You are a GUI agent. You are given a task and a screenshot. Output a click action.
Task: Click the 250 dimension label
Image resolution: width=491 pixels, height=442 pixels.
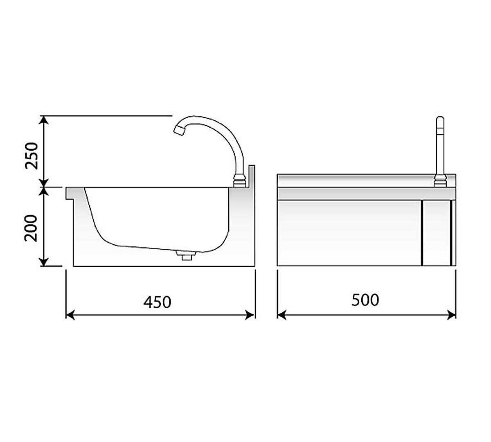pyautogui.click(x=32, y=156)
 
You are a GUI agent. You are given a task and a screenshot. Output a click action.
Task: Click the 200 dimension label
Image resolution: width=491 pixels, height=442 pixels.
pyautogui.click(x=31, y=228)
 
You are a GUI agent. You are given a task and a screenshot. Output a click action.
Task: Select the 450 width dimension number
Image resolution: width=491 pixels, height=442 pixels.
pyautogui.click(x=157, y=302)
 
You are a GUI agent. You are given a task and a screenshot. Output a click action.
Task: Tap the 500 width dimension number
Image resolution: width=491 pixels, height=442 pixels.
pyautogui.click(x=365, y=300)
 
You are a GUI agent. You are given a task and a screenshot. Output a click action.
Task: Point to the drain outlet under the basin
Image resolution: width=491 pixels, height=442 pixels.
pyautogui.click(x=187, y=256)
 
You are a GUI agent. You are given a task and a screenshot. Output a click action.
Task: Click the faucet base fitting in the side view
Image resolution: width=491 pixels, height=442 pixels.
pyautogui.click(x=240, y=181)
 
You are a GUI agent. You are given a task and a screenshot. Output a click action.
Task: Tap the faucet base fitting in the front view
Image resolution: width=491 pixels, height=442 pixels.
pyautogui.click(x=440, y=181)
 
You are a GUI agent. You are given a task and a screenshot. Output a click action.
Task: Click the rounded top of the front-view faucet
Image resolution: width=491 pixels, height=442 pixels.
pyautogui.click(x=440, y=119)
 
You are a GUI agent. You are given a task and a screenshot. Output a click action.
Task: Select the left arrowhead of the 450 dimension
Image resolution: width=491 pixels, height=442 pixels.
pyautogui.click(x=70, y=315)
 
